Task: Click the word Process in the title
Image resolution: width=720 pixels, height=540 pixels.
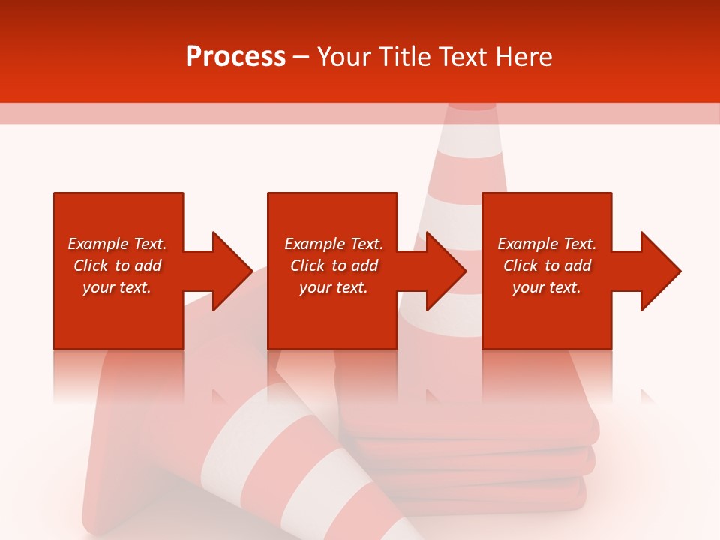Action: [x=235, y=56]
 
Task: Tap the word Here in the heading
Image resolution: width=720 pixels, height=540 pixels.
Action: [x=523, y=56]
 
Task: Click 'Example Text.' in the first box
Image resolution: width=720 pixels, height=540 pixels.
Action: [x=117, y=244]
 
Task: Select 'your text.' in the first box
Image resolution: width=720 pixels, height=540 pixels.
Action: [x=117, y=287]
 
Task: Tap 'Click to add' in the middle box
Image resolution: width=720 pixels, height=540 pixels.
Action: [x=334, y=265]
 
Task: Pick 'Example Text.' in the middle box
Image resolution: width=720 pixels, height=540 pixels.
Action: [x=334, y=244]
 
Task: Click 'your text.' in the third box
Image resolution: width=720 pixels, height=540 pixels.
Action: [x=547, y=287]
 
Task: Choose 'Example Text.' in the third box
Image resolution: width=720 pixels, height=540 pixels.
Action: [x=547, y=244]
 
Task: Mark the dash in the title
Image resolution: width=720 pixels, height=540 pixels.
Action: [x=301, y=57]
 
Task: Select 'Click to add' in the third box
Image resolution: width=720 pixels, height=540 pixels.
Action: [x=547, y=265]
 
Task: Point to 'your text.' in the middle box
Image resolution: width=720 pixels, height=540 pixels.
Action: [x=334, y=287]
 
